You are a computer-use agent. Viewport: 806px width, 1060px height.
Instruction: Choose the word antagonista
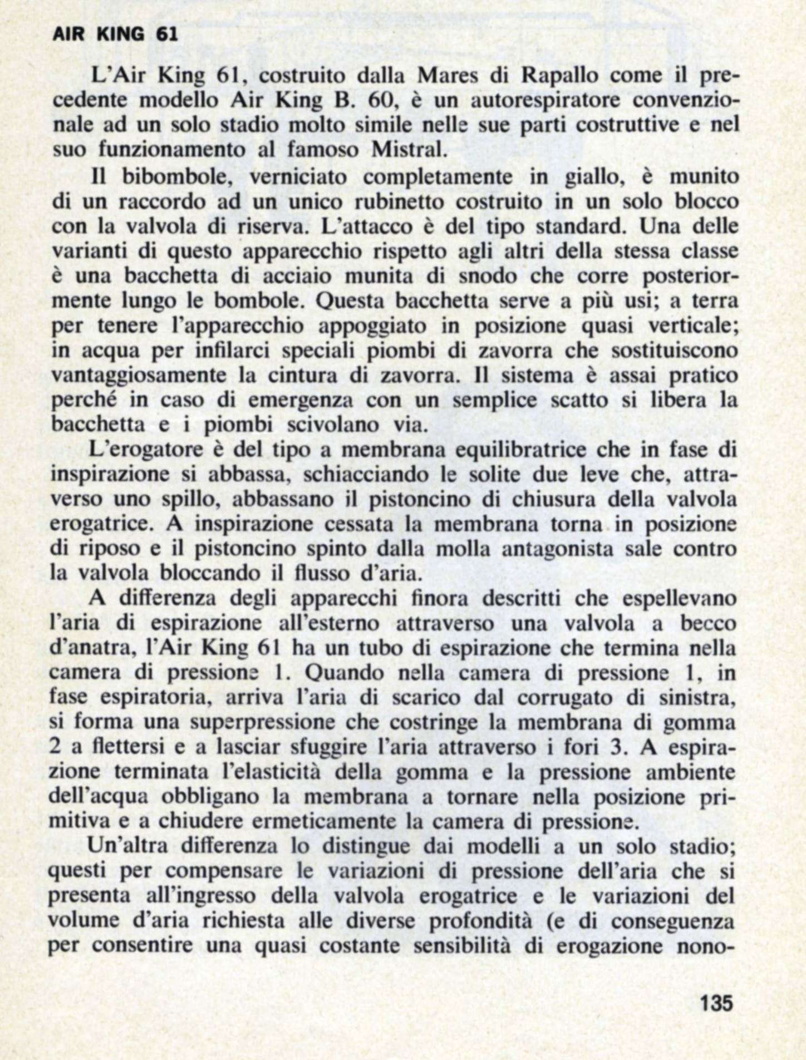click(565, 549)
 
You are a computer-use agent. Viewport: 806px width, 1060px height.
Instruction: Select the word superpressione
click(262, 722)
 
